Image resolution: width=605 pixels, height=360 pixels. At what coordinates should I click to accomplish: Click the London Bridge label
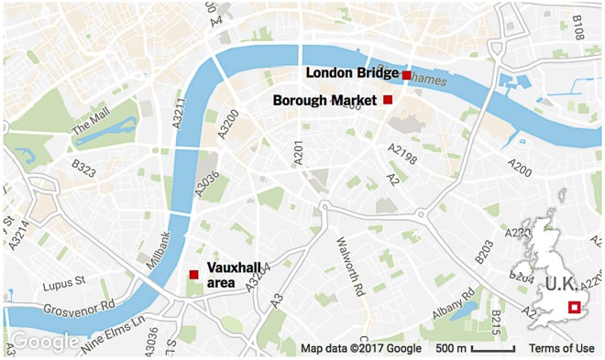pyautogui.click(x=351, y=73)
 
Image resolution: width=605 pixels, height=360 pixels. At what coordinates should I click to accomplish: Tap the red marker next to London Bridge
pyautogui.click(x=406, y=74)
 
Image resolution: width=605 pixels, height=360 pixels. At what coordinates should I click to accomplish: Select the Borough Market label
pyautogui.click(x=325, y=100)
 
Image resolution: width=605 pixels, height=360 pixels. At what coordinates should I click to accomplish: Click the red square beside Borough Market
pyautogui.click(x=388, y=99)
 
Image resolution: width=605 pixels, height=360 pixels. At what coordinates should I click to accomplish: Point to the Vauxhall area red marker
pyautogui.click(x=193, y=274)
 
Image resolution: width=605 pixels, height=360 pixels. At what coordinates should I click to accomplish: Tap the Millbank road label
pyautogui.click(x=164, y=250)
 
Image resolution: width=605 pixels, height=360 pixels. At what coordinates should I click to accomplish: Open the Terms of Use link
pyautogui.click(x=561, y=348)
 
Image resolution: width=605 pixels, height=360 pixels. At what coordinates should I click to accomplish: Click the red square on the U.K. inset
pyautogui.click(x=575, y=308)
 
